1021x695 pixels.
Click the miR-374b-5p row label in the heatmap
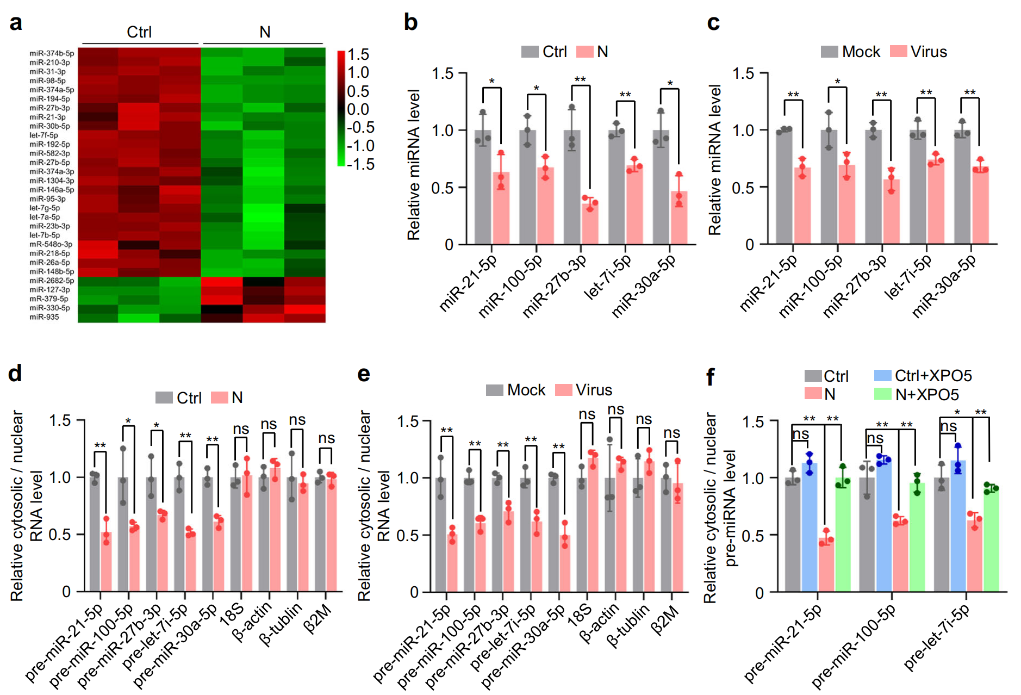52,53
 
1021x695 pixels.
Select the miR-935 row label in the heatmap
45,317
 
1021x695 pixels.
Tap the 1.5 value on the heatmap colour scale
358,55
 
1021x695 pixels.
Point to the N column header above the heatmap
265,32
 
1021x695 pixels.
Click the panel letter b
410,23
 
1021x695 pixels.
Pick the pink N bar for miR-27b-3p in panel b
590,223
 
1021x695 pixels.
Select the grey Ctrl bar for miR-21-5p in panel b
483,187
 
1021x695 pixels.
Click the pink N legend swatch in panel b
584,52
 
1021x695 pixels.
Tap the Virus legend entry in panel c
919,52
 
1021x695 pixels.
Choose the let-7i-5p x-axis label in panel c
908,277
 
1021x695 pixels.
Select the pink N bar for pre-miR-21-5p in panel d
106,561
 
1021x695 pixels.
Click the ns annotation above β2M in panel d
326,438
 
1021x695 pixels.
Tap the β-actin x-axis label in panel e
599,623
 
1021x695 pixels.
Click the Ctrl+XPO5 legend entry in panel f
923,376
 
